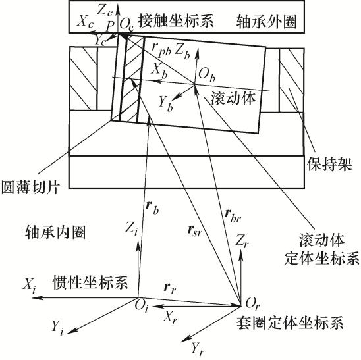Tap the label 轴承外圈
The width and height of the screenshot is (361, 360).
266,22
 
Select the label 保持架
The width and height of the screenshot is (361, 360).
329,165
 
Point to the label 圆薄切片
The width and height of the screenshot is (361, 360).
30,186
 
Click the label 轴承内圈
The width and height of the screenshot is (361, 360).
55,232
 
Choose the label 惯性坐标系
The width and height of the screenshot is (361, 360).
90,282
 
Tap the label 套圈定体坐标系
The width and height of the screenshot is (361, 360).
290,322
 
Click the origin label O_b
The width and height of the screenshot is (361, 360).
207,76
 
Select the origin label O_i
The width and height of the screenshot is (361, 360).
141,306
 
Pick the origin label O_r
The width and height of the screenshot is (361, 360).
252,304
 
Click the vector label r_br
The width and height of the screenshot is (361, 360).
233,216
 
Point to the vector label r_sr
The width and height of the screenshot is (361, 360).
195,231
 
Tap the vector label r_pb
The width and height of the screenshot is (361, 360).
161,51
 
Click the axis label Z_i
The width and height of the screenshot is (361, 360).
131,230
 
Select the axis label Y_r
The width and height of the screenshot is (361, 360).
198,349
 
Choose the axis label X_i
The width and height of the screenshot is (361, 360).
29,286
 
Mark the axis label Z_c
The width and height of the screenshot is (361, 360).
105,11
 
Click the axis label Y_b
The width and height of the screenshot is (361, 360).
166,104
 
